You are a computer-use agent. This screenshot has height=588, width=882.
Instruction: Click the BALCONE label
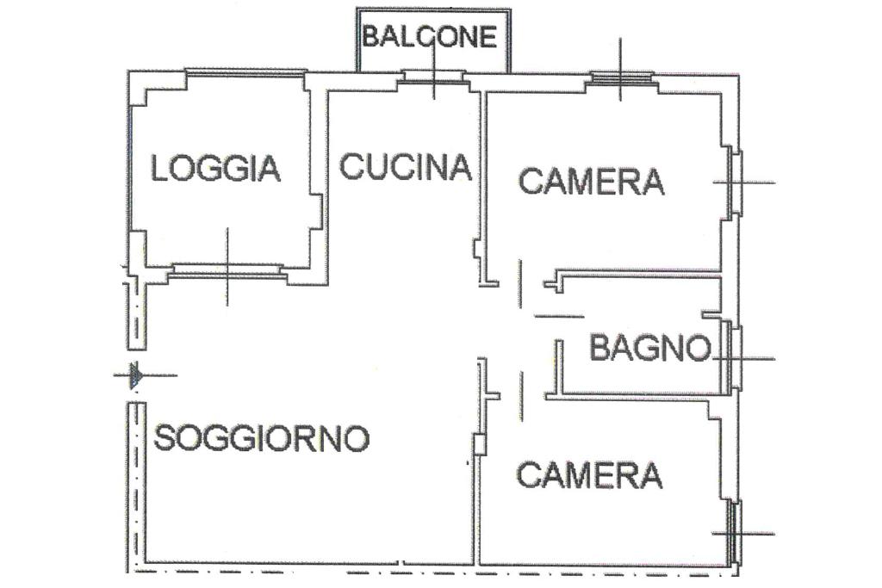(x=430, y=36)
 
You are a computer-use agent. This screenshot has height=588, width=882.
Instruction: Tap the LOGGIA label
(x=216, y=168)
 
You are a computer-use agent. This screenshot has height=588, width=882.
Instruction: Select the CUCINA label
(x=406, y=167)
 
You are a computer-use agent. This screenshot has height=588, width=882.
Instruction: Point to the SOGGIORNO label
(x=262, y=438)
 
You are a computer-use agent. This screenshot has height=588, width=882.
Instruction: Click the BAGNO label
(x=651, y=348)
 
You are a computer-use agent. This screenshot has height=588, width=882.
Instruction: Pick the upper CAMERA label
(x=591, y=182)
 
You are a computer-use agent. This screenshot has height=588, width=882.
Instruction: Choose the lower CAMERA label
(x=589, y=474)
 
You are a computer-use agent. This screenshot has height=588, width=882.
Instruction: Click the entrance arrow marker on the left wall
(x=135, y=375)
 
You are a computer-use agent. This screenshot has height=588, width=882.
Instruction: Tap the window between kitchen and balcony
(x=433, y=77)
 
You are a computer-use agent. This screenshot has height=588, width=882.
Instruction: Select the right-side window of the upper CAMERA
(x=736, y=182)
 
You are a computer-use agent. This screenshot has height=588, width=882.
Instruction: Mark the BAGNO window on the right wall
(x=734, y=357)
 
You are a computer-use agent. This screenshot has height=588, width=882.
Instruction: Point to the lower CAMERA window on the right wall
(x=736, y=532)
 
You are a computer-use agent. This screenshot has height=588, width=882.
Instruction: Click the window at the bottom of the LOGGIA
(x=227, y=269)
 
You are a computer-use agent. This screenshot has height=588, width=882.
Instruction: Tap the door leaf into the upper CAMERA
(x=520, y=284)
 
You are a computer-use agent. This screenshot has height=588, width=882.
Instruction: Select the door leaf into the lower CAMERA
(x=521, y=396)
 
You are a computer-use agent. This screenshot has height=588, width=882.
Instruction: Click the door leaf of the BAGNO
(x=558, y=317)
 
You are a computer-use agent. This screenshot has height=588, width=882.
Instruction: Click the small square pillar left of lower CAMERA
(x=480, y=444)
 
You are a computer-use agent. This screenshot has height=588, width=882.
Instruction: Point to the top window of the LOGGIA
(x=245, y=72)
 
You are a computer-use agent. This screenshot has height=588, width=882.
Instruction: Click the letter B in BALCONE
(x=370, y=36)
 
